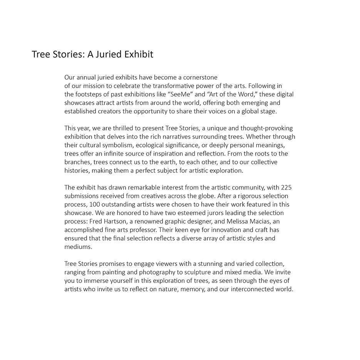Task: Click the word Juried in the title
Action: coord(108,54)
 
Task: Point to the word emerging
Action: coord(255,103)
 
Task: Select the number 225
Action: coord(289,188)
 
